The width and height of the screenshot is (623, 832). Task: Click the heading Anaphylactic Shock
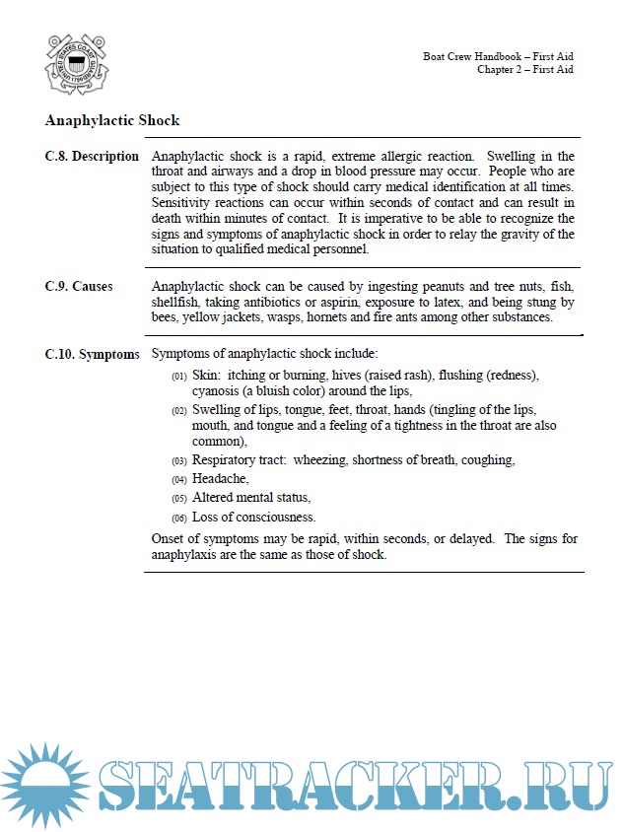tap(112, 120)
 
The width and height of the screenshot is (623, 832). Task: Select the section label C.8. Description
tap(92, 157)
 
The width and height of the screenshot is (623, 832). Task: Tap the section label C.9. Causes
tap(79, 287)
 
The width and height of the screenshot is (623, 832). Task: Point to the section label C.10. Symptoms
tap(92, 354)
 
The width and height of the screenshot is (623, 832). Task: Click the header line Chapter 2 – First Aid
tap(524, 70)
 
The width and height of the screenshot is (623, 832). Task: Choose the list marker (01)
tap(178, 377)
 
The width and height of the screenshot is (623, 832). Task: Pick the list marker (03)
tap(178, 461)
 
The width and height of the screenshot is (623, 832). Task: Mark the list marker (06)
tap(178, 519)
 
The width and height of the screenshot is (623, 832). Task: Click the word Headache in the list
tap(220, 479)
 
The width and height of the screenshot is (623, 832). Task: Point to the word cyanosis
tap(218, 390)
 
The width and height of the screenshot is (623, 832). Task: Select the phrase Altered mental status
tap(251, 498)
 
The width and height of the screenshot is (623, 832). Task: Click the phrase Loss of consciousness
tap(253, 518)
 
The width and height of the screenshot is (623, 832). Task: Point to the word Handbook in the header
tap(490, 56)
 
